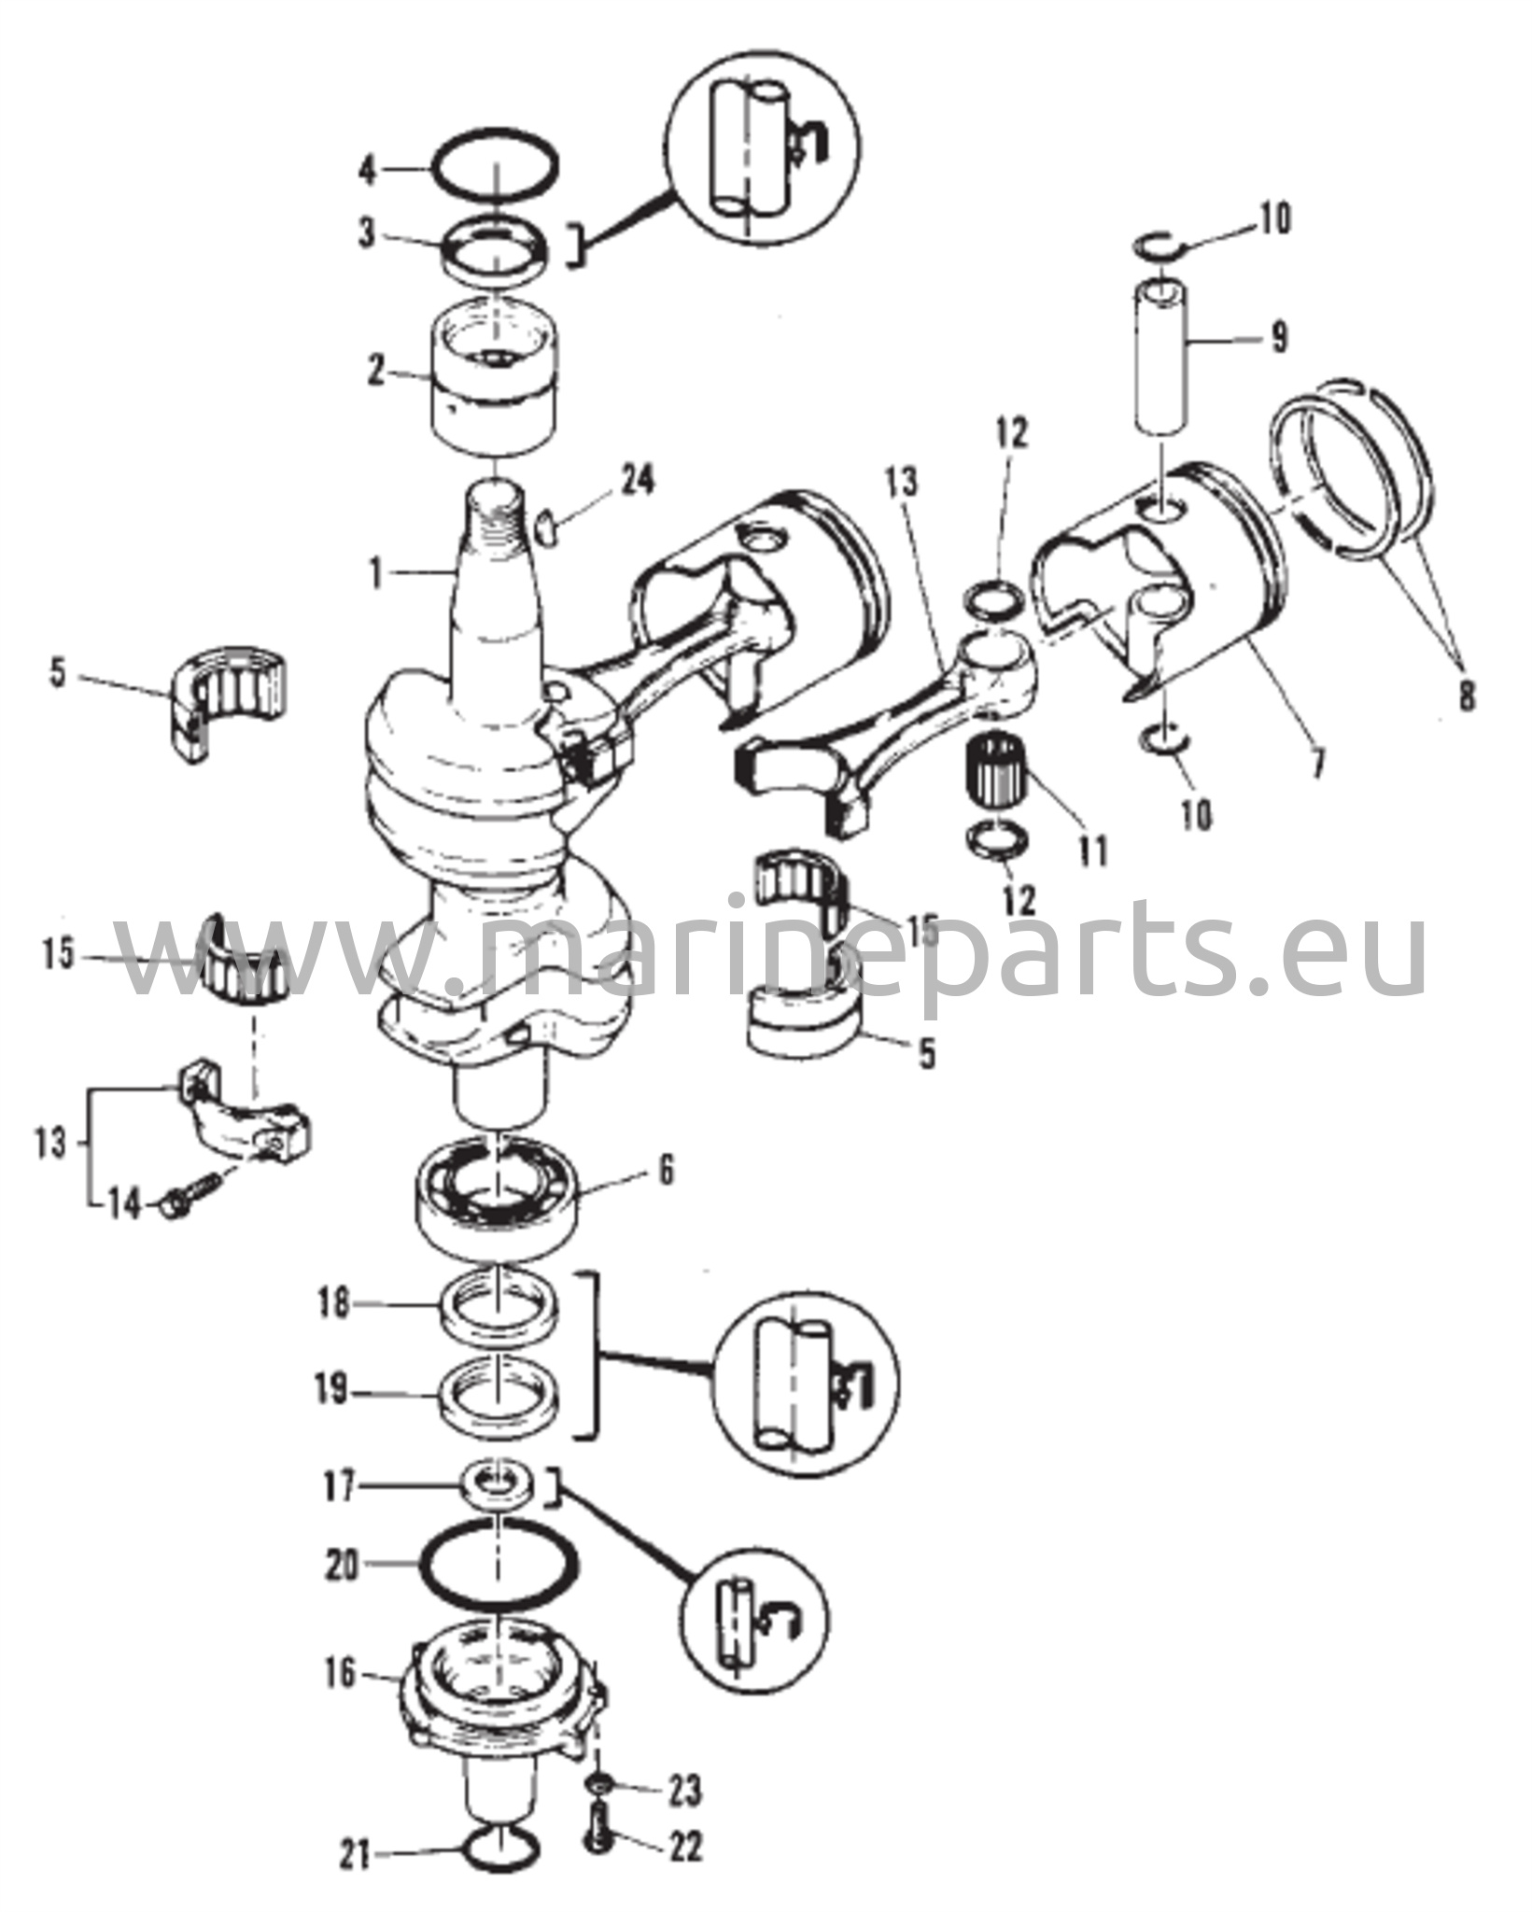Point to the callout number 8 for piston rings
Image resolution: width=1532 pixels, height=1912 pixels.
pos(1466,696)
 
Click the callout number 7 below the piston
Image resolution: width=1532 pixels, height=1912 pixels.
pos(1317,764)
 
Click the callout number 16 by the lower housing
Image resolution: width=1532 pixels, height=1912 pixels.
pos(343,1674)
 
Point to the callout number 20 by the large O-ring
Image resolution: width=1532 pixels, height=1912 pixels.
pos(341,1565)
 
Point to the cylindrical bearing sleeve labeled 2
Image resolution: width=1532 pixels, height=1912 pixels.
pos(492,374)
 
